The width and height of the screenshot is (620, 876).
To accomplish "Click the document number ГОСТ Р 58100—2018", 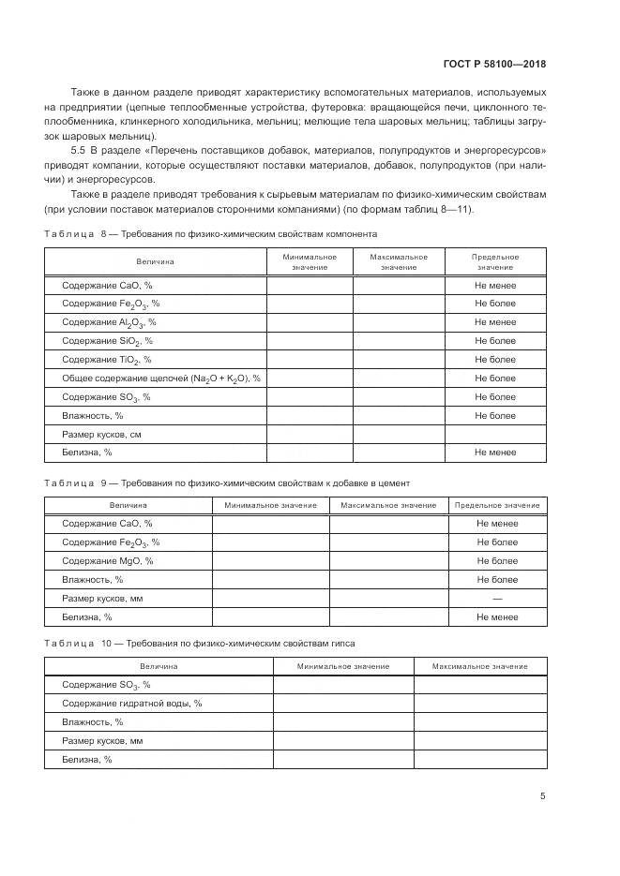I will tap(494, 64).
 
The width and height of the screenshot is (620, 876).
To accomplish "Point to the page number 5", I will tap(542, 796).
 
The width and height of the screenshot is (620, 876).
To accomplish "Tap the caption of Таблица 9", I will tap(227, 483).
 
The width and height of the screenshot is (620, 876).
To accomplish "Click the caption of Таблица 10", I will tap(200, 644).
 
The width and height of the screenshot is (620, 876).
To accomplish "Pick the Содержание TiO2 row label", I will tap(106, 360).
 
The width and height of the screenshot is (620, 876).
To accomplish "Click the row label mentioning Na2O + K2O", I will tap(160, 379).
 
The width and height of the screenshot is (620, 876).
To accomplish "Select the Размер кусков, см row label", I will tap(101, 435).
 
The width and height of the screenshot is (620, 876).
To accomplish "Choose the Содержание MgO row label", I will tap(107, 561).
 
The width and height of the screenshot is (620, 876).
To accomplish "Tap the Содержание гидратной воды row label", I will tap(131, 704).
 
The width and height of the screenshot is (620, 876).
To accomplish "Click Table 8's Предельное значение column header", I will tap(495, 261).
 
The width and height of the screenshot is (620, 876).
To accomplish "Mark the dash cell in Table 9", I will tap(497, 599).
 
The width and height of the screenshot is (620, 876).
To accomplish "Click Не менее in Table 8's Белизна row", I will tap(495, 453).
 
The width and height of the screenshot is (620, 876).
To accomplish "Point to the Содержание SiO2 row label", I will tap(107, 341).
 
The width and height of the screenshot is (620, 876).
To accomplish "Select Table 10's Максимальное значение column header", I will tap(479, 666).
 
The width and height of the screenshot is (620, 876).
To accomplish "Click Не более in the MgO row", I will tap(497, 561).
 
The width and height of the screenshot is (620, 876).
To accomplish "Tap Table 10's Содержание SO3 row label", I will tap(106, 685).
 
